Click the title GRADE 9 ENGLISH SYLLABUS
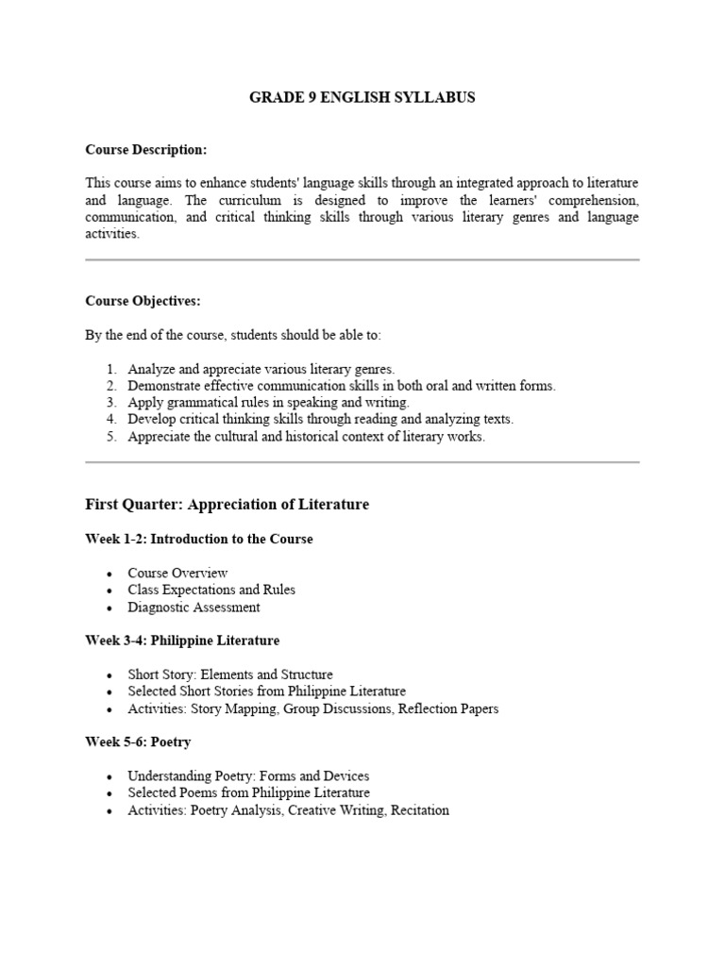(x=362, y=97)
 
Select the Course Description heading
(x=145, y=150)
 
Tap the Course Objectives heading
(x=143, y=301)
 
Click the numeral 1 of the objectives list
(x=110, y=369)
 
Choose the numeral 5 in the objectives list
(x=110, y=437)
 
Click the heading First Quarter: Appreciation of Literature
(x=227, y=505)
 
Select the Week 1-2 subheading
(x=199, y=539)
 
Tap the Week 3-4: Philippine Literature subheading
(x=182, y=641)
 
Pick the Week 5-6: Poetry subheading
(x=138, y=742)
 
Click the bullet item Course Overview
(x=177, y=573)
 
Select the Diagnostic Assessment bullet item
(x=194, y=607)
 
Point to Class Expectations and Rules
(x=211, y=590)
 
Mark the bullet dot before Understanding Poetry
(x=110, y=777)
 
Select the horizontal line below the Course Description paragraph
(x=362, y=259)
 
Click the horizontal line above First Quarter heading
(x=362, y=462)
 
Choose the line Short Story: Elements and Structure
(x=230, y=675)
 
